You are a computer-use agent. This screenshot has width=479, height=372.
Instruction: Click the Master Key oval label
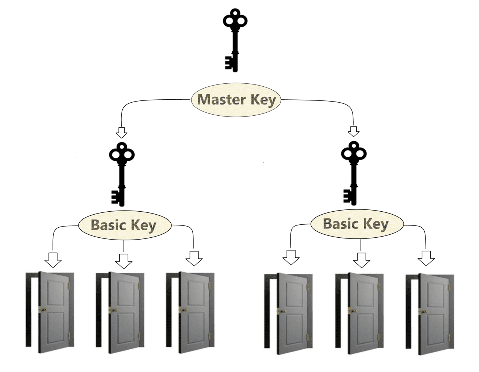coord(236,100)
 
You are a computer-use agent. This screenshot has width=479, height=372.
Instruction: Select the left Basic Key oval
coord(125,225)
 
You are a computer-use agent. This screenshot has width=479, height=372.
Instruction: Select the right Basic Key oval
coord(357,224)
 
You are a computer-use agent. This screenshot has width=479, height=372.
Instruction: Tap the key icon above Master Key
coord(235,39)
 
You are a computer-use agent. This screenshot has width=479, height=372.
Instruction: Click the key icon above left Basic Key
coord(121,173)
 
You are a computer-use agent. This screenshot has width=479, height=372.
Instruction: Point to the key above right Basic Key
coord(353,172)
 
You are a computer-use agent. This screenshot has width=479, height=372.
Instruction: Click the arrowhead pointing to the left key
coord(122,132)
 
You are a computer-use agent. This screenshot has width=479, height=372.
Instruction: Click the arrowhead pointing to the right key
coord(354,131)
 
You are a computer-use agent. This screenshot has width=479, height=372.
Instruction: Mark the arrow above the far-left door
coord(53,260)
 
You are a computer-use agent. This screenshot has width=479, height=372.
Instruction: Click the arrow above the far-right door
coord(426,258)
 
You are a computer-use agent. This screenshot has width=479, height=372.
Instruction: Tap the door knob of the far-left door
coord(43,310)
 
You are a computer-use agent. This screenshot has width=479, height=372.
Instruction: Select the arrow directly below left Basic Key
coord(123,261)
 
